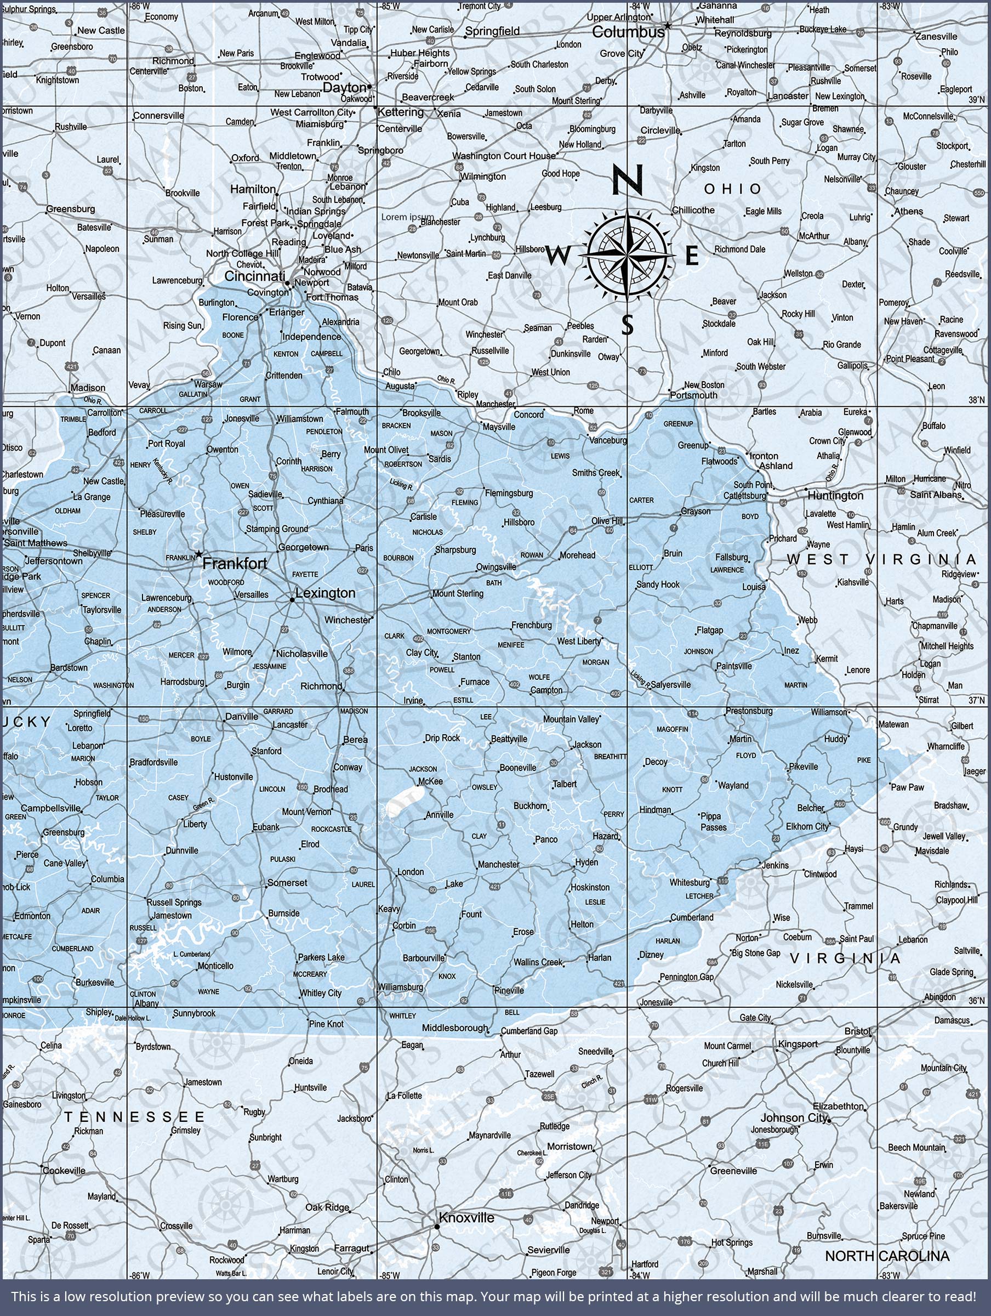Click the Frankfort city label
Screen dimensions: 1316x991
pyautogui.click(x=235, y=563)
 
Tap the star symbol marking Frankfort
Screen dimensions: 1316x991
pyautogui.click(x=198, y=554)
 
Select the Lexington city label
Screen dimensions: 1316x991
pyautogui.click(x=325, y=593)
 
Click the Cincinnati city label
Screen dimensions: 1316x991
pyautogui.click(x=254, y=276)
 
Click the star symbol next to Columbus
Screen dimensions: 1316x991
pyautogui.click(x=668, y=26)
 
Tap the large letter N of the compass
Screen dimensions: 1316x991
pyautogui.click(x=628, y=180)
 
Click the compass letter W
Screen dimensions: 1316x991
pyautogui.click(x=557, y=257)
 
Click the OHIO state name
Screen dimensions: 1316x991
pyautogui.click(x=732, y=189)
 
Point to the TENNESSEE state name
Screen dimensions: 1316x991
pyautogui.click(x=134, y=1118)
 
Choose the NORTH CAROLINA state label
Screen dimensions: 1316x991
pyautogui.click(x=886, y=1256)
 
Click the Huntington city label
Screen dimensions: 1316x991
pyautogui.click(x=835, y=496)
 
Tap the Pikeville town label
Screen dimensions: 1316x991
pyautogui.click(x=803, y=766)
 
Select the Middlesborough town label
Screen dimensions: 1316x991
pyautogui.click(x=455, y=1028)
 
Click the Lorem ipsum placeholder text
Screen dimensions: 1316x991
pyautogui.click(x=407, y=217)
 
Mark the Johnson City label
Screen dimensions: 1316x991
pyautogui.click(x=794, y=1118)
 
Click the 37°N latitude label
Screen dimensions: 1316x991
pyautogui.click(x=977, y=700)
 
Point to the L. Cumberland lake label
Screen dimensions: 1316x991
pyautogui.click(x=191, y=954)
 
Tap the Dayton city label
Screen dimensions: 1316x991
pyautogui.click(x=344, y=87)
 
